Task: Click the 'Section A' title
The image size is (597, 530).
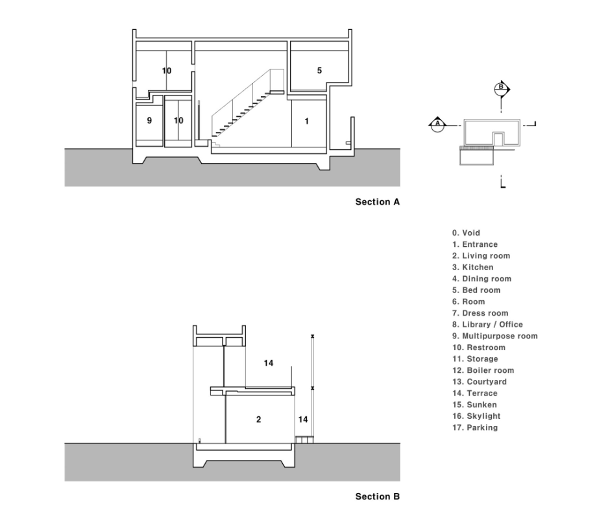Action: [378, 202]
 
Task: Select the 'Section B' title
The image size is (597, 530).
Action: [378, 497]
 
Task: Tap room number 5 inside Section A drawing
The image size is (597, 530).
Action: [319, 70]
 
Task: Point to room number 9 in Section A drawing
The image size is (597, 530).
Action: [149, 120]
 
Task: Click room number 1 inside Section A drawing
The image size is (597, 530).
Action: [307, 121]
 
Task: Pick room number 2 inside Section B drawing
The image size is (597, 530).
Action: [258, 420]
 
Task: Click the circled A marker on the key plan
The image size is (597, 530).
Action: [438, 123]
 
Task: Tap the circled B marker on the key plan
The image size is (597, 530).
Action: [500, 88]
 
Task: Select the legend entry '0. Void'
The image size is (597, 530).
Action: [466, 233]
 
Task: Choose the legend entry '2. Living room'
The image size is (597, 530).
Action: [481, 256]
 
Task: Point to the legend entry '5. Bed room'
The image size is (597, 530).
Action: [476, 290]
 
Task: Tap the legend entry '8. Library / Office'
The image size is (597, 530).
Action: [487, 325]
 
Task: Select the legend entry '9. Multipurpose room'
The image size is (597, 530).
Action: [494, 336]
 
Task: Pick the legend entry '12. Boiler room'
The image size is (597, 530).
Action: [483, 371]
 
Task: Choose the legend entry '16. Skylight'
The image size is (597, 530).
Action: [476, 416]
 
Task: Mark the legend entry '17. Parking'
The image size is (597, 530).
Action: [475, 428]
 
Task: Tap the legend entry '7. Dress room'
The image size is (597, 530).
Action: [480, 313]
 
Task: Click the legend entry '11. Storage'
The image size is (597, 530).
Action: [475, 359]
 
